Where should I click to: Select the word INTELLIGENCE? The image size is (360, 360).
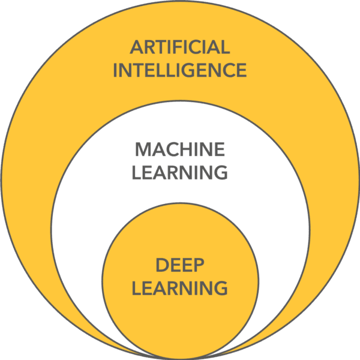180,70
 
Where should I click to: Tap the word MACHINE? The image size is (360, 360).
180,149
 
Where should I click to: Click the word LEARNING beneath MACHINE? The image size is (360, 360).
180,173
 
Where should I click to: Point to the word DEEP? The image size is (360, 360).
180,265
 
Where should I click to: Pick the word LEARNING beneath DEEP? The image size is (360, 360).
180,288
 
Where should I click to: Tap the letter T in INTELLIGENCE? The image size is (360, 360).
137,70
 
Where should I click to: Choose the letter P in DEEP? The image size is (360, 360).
199,265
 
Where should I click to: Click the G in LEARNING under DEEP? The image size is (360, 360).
220,288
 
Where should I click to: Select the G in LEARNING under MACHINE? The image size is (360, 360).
220,173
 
